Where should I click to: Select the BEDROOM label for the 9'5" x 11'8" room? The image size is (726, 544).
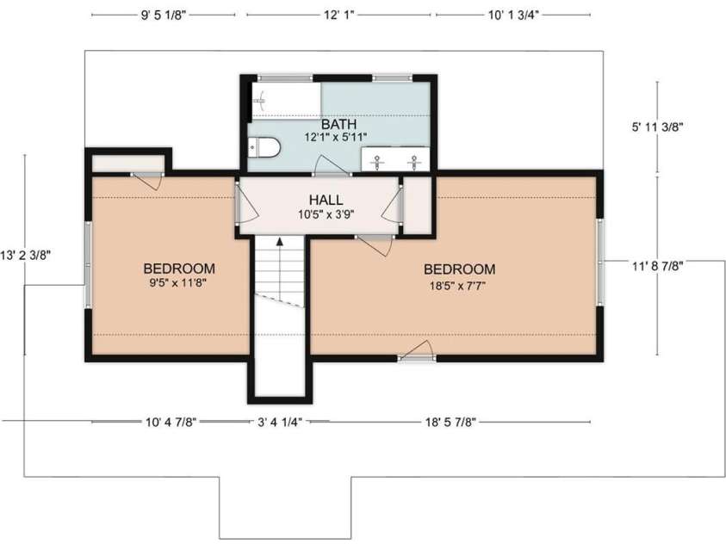tap(179, 268)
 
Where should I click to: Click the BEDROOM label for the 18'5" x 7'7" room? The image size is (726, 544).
tap(459, 269)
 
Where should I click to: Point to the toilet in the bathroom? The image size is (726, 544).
tap(265, 149)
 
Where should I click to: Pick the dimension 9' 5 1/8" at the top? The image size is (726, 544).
tap(163, 15)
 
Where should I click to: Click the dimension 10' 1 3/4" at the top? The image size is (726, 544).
tap(513, 15)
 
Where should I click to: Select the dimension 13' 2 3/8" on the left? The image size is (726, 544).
tap(26, 254)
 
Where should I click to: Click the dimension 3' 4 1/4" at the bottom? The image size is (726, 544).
tap(280, 422)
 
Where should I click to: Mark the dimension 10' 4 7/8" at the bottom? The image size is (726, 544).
tap(172, 422)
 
